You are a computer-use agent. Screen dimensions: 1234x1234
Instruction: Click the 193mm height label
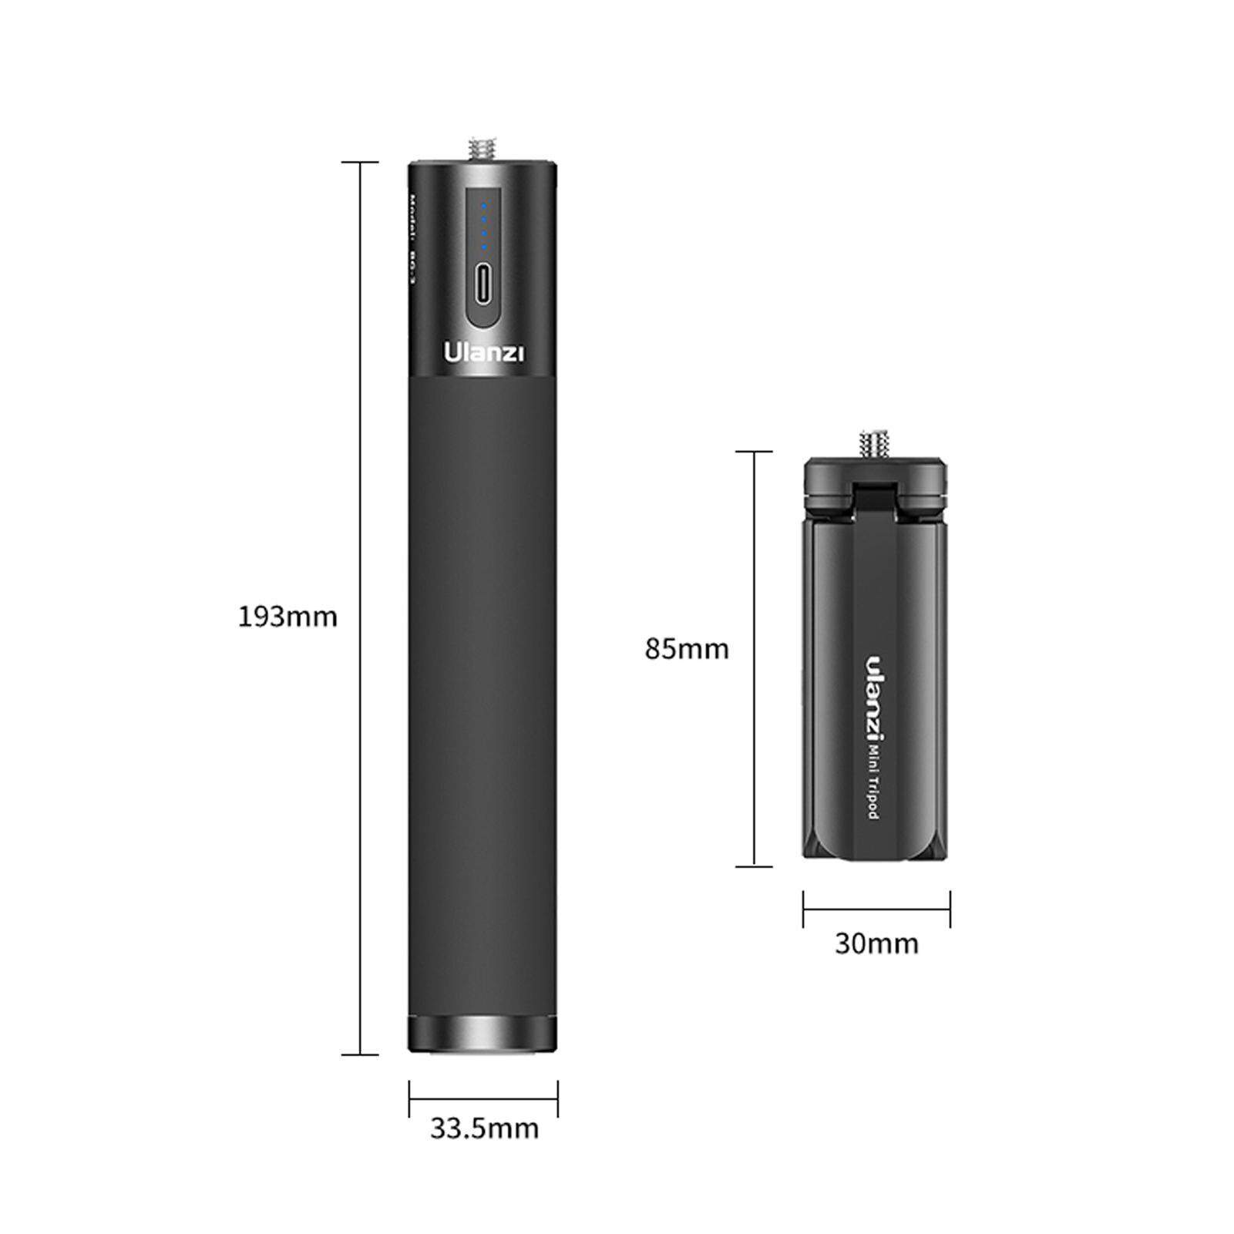(x=287, y=617)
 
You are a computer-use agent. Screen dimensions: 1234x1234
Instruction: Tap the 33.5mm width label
(x=484, y=1128)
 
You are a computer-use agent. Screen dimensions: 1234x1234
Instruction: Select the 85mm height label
(x=687, y=649)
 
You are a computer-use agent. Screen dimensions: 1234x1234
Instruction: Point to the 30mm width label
(x=876, y=943)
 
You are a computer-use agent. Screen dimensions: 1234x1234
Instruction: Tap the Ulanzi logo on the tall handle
(x=483, y=352)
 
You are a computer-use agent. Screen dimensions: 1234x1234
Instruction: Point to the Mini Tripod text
(x=874, y=780)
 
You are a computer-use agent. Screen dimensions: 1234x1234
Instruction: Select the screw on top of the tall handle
(x=482, y=149)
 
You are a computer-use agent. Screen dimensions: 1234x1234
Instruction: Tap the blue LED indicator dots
(x=483, y=227)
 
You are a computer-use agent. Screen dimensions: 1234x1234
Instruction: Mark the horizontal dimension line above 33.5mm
(x=483, y=1099)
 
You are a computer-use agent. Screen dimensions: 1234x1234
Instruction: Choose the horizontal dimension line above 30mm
(x=876, y=910)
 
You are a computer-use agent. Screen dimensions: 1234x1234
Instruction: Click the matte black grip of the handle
(x=482, y=694)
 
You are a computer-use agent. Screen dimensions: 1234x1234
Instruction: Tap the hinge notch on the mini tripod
(x=875, y=497)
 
